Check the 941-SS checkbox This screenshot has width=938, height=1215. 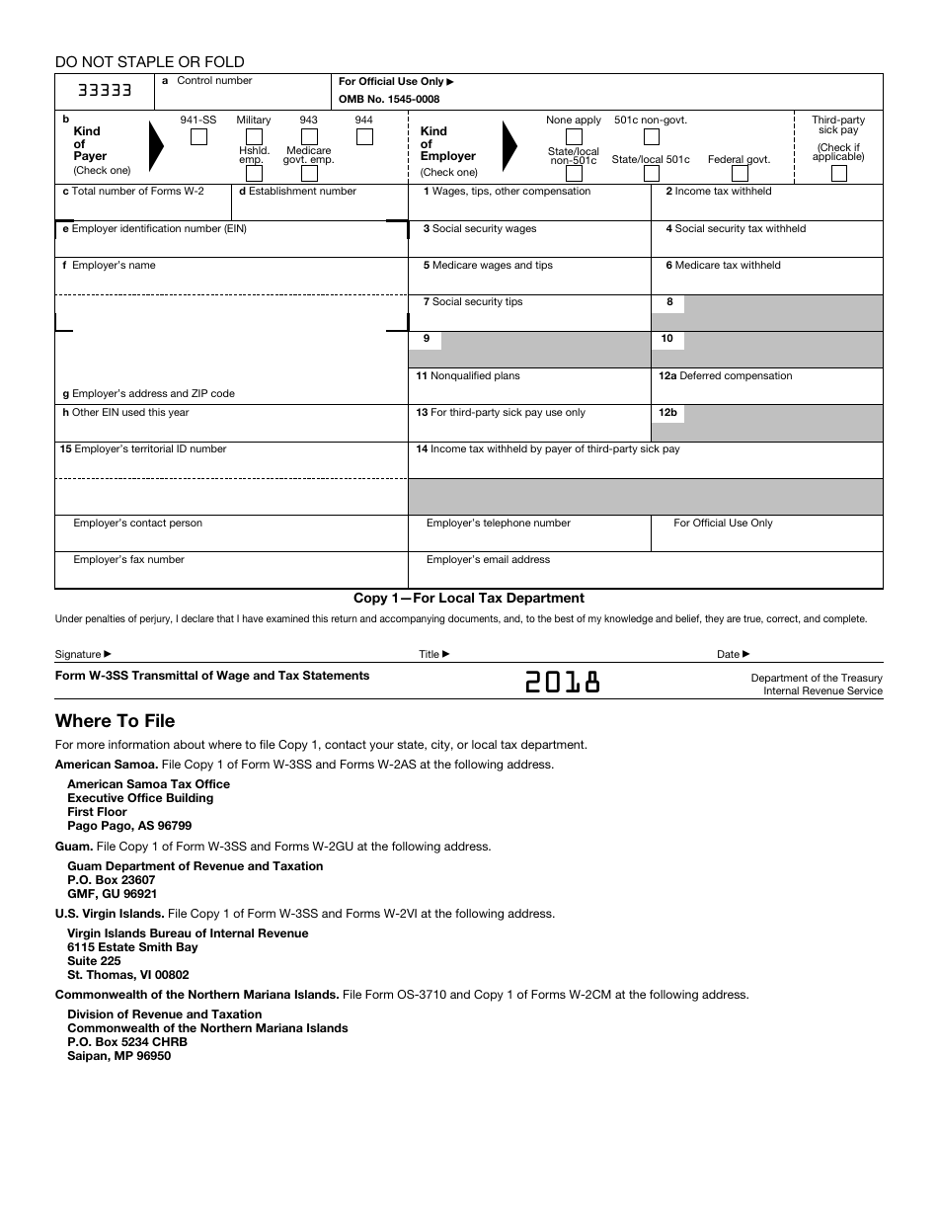coord(198,137)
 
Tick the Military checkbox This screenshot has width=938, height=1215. coord(254,137)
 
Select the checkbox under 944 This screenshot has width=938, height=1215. coord(364,137)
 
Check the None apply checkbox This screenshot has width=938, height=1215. coord(574,137)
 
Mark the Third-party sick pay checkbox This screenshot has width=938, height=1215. coord(838,174)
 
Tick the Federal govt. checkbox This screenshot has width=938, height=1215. coord(739,174)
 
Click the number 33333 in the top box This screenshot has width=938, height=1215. coord(105,91)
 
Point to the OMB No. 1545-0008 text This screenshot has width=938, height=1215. coord(389,99)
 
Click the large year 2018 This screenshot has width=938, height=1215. coord(562,683)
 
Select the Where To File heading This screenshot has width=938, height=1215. coord(115,721)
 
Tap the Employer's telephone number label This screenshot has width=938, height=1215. coord(498,524)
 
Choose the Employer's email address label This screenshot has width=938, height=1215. coord(488,560)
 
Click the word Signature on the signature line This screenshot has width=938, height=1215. coord(78,654)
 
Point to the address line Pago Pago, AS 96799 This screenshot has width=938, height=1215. coord(129,826)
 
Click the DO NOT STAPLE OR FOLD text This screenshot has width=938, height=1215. coord(150,62)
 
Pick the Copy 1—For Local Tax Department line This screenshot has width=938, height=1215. coord(469,598)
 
